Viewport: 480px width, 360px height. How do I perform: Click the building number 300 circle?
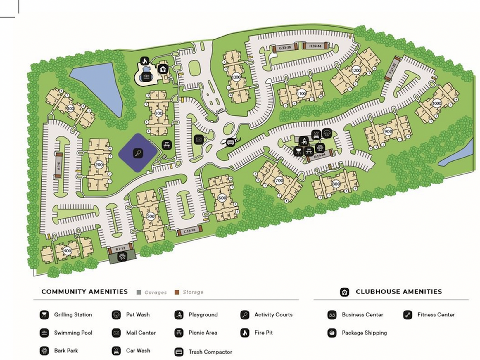click(x=70, y=108)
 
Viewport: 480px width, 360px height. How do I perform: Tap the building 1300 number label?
click(x=236, y=77)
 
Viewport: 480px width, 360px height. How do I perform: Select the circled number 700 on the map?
click(x=279, y=181)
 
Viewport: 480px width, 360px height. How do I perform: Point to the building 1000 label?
click(x=436, y=103)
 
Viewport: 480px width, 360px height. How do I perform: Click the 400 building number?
click(x=68, y=251)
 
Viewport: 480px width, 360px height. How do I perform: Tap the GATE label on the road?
click(x=220, y=111)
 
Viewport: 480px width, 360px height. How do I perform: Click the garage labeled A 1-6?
click(x=58, y=166)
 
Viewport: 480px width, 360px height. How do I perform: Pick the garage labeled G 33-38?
click(x=285, y=48)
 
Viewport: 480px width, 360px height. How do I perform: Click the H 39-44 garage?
click(x=315, y=46)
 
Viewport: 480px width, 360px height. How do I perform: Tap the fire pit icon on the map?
click(x=144, y=61)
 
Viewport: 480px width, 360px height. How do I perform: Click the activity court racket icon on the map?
click(x=138, y=153)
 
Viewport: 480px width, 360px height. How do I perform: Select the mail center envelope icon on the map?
click(x=199, y=139)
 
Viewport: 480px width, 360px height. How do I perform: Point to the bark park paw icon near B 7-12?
click(x=122, y=257)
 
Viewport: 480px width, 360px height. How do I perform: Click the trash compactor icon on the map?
click(x=230, y=142)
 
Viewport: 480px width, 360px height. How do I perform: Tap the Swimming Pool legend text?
click(x=73, y=333)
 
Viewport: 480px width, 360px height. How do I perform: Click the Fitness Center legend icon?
click(x=408, y=315)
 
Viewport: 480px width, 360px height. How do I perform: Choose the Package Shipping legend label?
click(x=364, y=333)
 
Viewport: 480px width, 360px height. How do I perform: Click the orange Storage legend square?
click(x=177, y=292)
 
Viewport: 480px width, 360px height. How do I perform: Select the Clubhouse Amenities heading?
click(x=399, y=292)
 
